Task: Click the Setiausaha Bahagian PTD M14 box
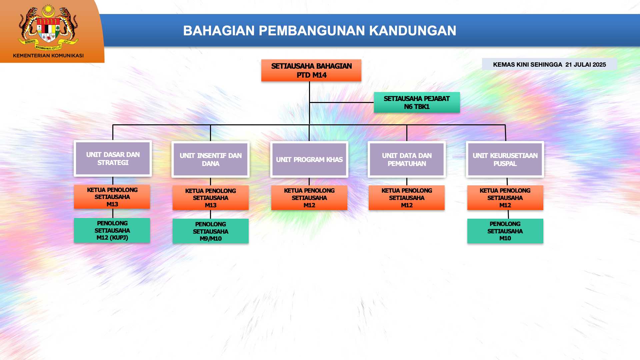coord(311,70)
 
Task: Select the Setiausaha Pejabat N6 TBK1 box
coord(417,102)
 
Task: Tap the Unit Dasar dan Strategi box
coord(113,158)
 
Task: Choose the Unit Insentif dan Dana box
coord(210,159)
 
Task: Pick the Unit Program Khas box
coord(309,159)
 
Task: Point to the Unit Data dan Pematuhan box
coord(407,159)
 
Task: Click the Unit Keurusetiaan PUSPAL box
coord(505,159)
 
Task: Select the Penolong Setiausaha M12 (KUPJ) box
coord(112,230)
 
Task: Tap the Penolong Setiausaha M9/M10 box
coord(210,231)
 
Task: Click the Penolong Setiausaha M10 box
coord(505,231)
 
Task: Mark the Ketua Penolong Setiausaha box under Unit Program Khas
coord(309,198)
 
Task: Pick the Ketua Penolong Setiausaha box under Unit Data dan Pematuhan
coord(407,198)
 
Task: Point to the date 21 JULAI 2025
coord(585,65)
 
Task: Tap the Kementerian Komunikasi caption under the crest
coord(48,56)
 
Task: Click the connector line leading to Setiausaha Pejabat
coord(342,102)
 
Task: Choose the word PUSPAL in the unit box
coord(505,164)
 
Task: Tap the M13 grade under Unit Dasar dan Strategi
coord(112,204)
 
